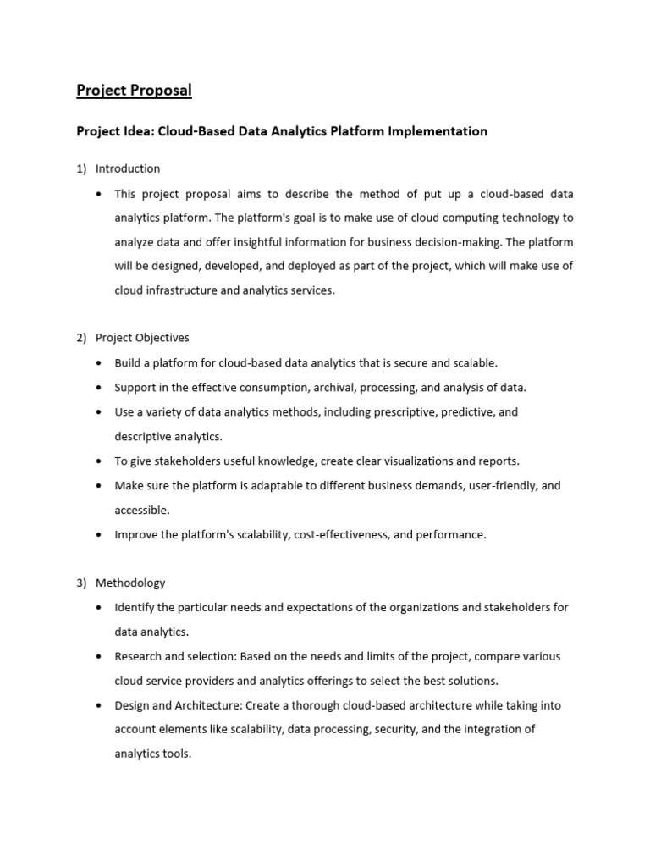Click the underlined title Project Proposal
point(135,90)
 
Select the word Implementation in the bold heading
point(441,131)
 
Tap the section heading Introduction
point(128,168)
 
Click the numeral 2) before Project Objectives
point(82,338)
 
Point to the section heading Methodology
point(130,583)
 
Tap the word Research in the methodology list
point(139,656)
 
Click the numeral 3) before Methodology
point(82,583)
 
